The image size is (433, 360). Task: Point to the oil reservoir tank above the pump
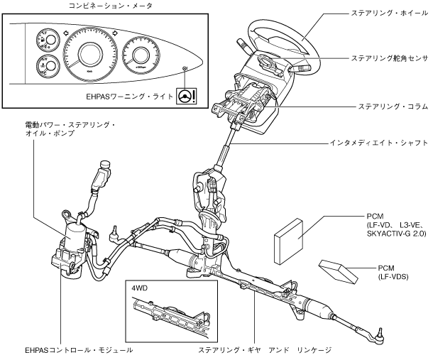102,173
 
